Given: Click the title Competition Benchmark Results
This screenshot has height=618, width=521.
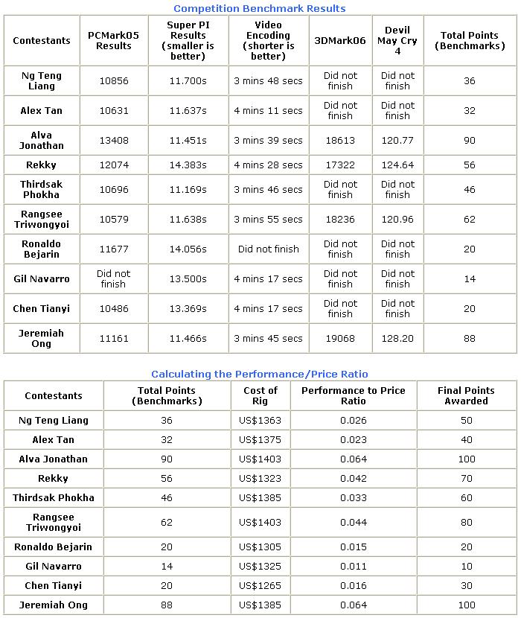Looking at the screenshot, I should point(259,8).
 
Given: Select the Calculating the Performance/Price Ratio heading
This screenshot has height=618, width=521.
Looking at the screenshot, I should point(259,374).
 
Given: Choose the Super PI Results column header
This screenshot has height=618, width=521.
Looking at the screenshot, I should point(188,40).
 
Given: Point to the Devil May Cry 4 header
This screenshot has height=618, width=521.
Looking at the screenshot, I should point(397,40).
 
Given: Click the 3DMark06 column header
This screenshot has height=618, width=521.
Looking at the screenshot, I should point(340,40).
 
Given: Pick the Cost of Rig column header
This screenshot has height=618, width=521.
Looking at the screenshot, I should point(260,395).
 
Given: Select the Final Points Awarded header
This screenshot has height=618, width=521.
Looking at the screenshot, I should point(466,395).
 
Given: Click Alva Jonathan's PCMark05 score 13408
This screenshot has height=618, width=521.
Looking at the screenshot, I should point(114,140).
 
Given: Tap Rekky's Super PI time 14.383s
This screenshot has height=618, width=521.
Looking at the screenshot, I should point(188,165).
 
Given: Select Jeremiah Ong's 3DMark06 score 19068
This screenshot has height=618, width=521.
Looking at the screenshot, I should point(340,338).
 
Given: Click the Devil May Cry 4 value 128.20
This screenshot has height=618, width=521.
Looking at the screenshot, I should point(397,338).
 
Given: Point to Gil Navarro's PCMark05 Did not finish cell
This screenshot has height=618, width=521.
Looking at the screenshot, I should point(114,278).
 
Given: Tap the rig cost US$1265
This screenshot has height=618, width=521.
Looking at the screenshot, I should point(260,585).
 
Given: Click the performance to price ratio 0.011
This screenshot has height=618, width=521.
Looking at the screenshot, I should point(353,566).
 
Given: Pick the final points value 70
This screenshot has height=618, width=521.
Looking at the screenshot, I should point(466,478).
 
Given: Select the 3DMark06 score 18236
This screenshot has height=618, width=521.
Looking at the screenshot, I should point(340,219).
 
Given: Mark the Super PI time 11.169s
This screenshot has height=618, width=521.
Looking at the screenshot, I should point(188,189).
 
